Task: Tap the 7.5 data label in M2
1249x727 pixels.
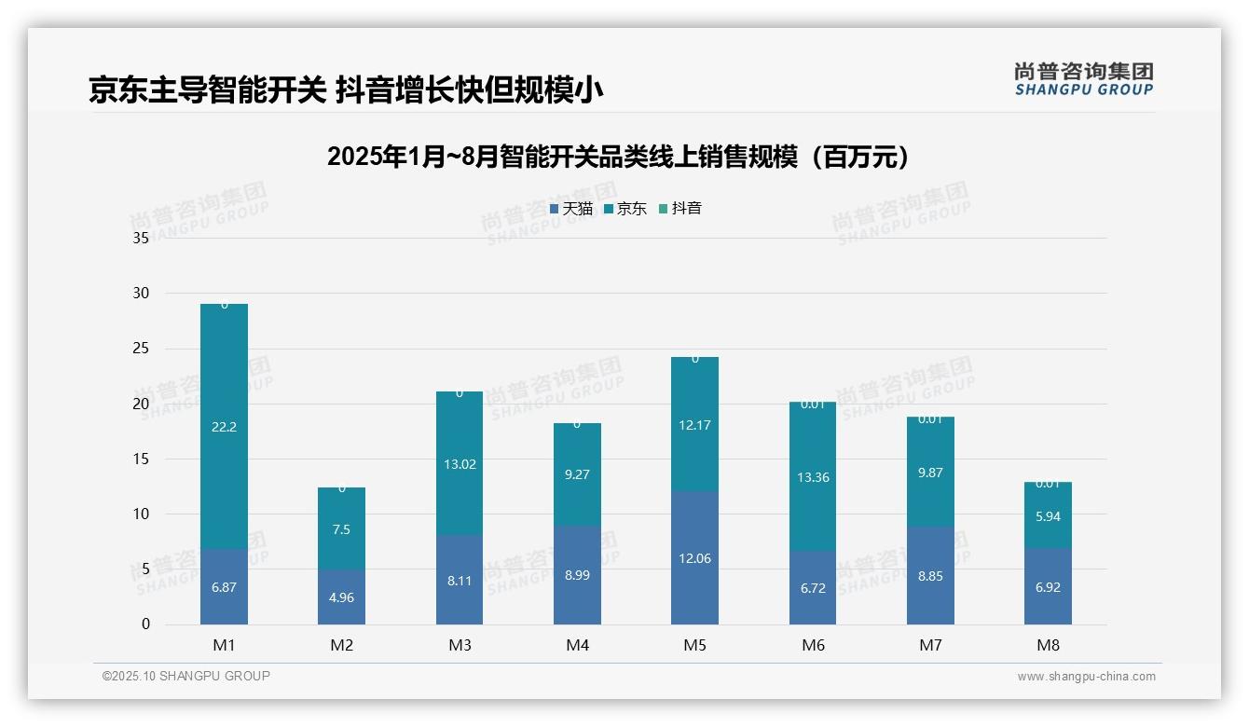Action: [341, 529]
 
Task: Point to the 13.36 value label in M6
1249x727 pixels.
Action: [812, 477]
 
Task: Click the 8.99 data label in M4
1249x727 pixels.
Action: [577, 575]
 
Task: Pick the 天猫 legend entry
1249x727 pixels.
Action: [570, 209]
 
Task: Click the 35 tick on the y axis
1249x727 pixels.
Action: [141, 238]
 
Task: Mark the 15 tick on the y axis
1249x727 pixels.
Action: [141, 459]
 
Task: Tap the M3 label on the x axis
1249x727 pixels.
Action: [460, 645]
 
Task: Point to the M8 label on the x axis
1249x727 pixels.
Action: [1048, 645]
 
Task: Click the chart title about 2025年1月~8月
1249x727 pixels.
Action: [619, 157]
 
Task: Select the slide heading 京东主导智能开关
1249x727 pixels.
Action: [346, 90]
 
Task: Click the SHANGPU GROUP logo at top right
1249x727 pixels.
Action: [1083, 79]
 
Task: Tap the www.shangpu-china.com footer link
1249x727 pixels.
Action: [1086, 677]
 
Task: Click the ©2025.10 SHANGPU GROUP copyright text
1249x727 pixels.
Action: [186, 676]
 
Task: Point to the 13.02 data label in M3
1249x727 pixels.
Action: [460, 464]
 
